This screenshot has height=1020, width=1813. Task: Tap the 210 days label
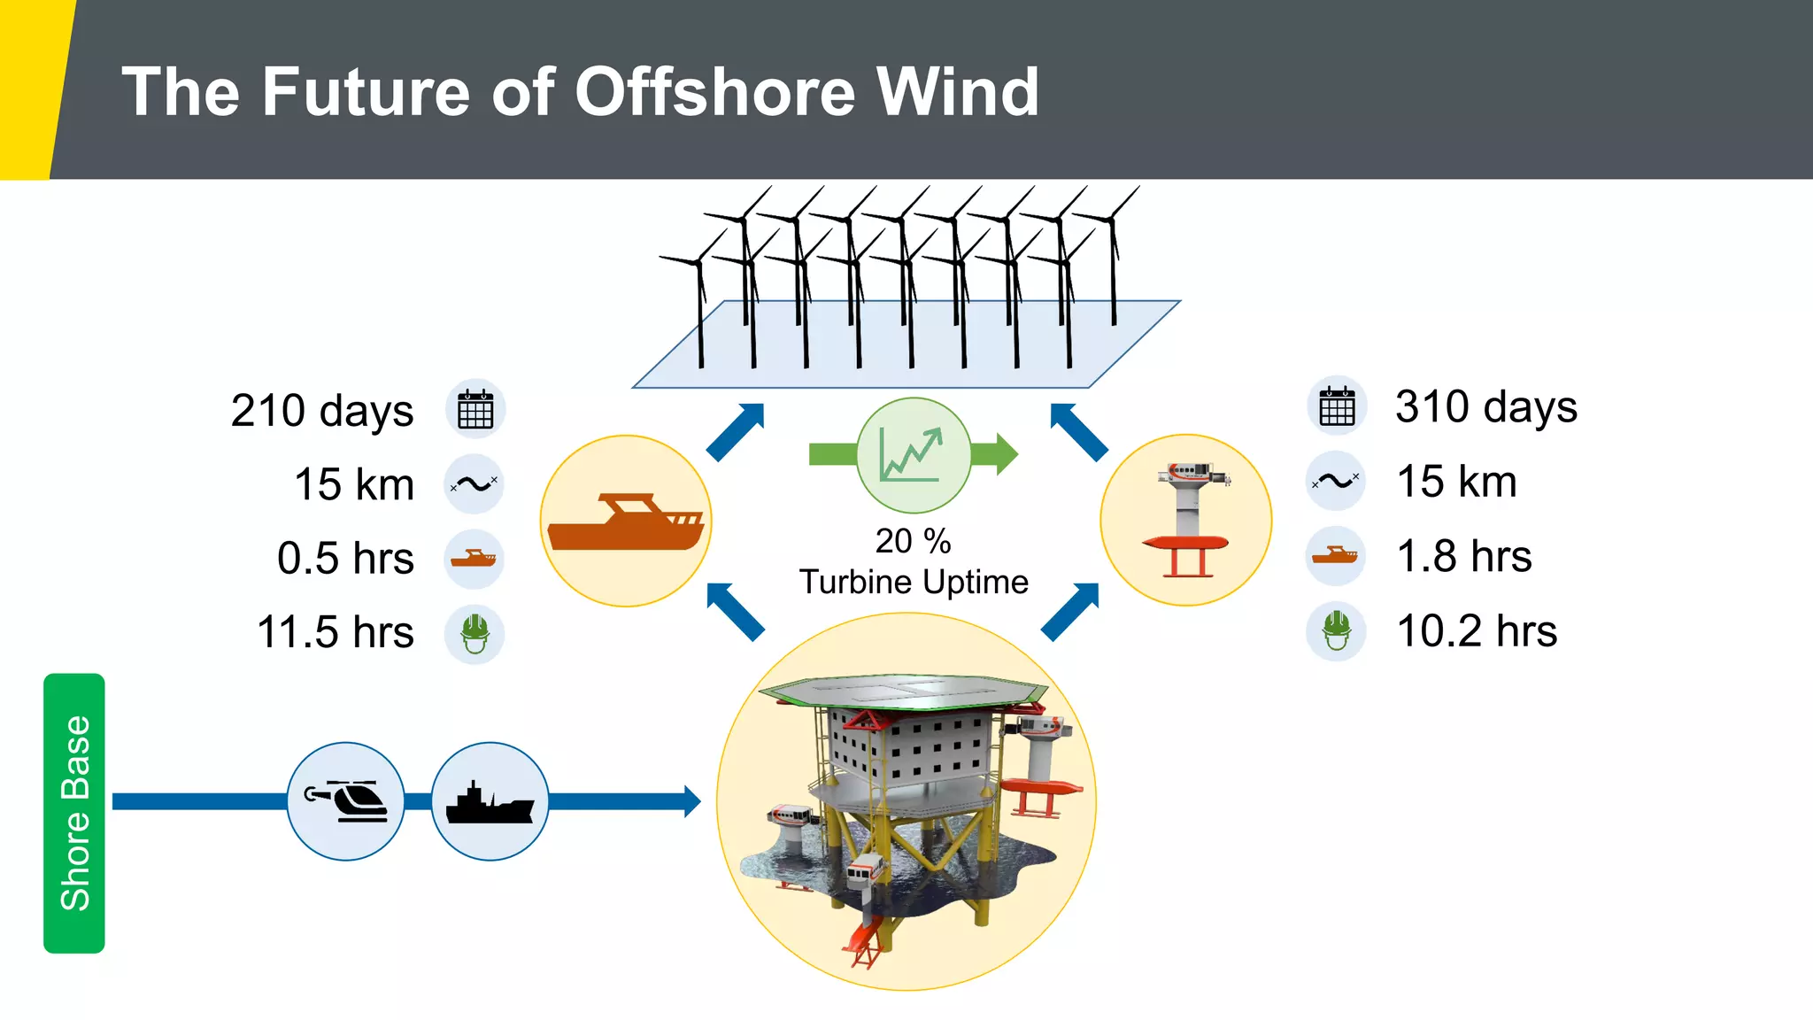[x=322, y=411]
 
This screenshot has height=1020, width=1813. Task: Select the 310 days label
[x=1486, y=406]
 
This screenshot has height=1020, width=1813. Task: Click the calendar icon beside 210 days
[x=475, y=410]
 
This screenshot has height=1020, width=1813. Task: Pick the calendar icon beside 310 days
[x=1337, y=406]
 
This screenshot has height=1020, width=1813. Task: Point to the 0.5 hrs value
[x=345, y=559]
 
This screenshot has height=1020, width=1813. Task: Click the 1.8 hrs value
[x=1464, y=556]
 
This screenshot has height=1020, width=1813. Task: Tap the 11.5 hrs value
[x=336, y=632]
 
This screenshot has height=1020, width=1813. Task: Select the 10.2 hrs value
[x=1477, y=631]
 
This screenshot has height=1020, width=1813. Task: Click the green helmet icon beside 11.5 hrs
[x=474, y=634]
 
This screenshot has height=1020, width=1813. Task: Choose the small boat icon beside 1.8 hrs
[x=1335, y=556]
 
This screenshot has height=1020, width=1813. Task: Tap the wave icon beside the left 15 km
[x=474, y=484]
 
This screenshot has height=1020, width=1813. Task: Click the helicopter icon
[x=346, y=800]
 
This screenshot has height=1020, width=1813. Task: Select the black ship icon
[x=490, y=802]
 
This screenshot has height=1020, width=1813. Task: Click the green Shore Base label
[x=74, y=813]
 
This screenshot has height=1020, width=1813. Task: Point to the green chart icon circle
[x=913, y=454]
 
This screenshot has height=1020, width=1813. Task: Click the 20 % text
[x=913, y=541]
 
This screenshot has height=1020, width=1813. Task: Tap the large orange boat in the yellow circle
[x=626, y=522]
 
